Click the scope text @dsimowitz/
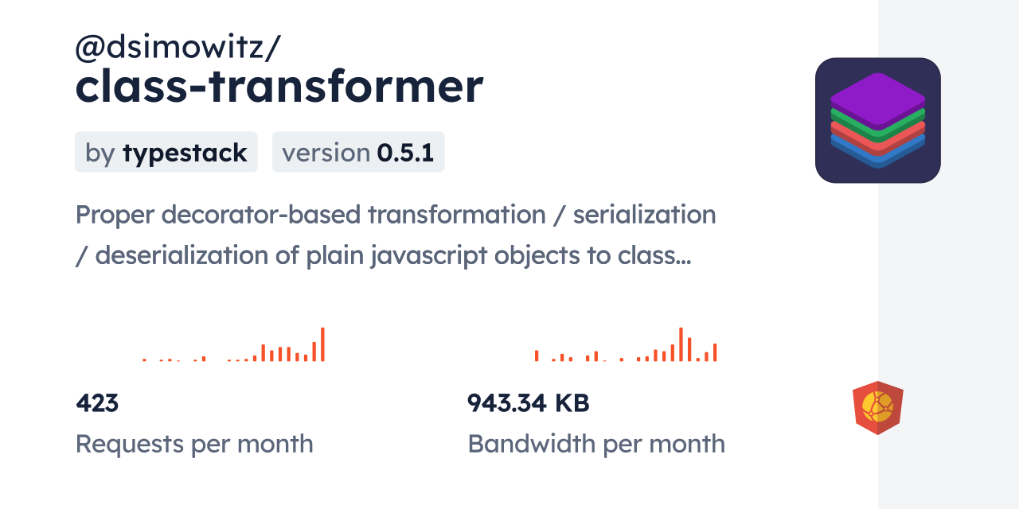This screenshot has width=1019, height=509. [x=178, y=47]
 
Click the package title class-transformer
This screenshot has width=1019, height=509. [x=279, y=87]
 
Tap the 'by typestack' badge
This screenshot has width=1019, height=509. [x=166, y=152]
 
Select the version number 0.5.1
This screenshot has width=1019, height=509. [x=405, y=153]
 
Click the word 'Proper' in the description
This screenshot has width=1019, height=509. [x=115, y=216]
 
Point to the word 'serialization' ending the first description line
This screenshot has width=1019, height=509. [x=644, y=215]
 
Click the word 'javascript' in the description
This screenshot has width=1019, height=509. [x=429, y=256]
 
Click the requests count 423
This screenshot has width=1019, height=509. [x=97, y=403]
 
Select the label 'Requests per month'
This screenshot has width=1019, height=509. [x=194, y=444]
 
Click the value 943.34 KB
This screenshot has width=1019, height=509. [x=528, y=403]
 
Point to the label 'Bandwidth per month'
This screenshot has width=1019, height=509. [x=596, y=444]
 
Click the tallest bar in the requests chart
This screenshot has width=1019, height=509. [x=322, y=344]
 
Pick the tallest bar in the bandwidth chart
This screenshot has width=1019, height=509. [x=681, y=344]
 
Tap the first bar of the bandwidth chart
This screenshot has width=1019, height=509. [x=537, y=356]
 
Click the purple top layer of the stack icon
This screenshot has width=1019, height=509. [x=878, y=100]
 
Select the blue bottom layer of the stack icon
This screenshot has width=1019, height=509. [x=878, y=152]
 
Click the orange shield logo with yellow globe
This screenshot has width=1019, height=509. [x=878, y=408]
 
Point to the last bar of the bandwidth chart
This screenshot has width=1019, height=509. [x=715, y=352]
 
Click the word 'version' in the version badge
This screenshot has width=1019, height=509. [x=326, y=153]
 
